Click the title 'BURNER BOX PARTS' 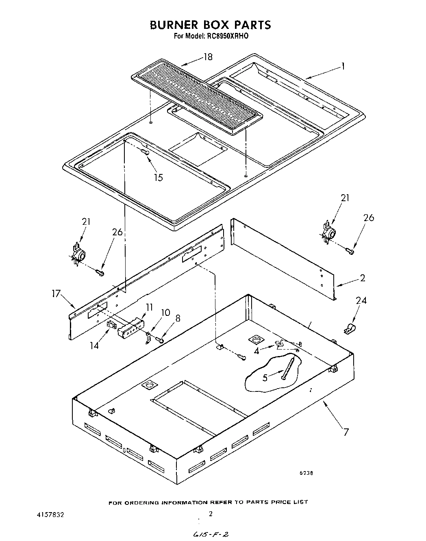210,25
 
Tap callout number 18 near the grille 208,57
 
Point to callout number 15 159,177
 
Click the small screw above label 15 144,152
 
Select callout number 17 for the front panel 56,293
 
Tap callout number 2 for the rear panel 362,278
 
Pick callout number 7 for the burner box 346,432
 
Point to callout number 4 256,350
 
